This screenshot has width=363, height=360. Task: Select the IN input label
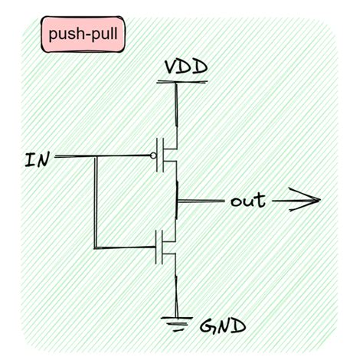38,161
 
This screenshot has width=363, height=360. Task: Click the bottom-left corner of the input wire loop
95,247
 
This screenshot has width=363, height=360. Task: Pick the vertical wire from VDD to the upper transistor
178,107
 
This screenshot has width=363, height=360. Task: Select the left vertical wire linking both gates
95,203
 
